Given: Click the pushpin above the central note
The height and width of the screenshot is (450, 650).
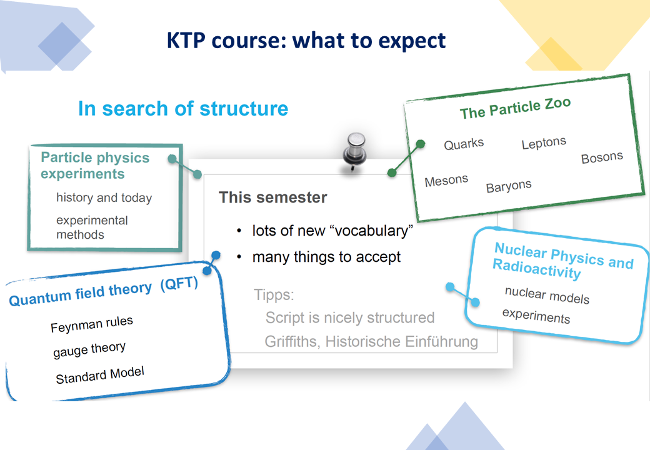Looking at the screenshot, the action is pos(354,151).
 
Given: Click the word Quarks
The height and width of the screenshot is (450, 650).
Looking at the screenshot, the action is pos(464,144).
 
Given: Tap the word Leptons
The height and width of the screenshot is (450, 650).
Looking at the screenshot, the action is pos(544,143).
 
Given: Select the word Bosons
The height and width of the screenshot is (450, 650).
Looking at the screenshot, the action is pos(602,157).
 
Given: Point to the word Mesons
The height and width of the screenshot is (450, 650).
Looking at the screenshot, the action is pos(446,180).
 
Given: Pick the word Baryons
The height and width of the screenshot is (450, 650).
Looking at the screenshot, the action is pos(509,186).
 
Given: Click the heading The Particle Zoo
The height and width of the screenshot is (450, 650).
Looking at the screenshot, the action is pos(515,107).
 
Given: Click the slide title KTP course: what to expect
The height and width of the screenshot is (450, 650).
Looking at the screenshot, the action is pos(306,41).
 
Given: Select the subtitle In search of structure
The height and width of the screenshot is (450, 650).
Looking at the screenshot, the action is pos(183,109).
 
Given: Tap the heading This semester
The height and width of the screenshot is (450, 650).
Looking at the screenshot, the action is pos(272,197).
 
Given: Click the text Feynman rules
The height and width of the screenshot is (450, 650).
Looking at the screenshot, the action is pos(92,324).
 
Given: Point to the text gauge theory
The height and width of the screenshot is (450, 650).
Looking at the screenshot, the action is pos(89,350).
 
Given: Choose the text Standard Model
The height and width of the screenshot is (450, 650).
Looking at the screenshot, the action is pos(100,375).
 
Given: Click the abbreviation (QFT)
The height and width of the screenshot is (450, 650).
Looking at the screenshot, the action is pos(179,284).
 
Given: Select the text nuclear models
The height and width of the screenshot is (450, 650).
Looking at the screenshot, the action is pos(547,295).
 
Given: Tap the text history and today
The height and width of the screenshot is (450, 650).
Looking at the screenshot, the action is pos(104,197).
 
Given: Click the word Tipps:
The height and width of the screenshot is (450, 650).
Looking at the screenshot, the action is pos(274,295).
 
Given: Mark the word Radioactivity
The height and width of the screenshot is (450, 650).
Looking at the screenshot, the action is pos(537,269).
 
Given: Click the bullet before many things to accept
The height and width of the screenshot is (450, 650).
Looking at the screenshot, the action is pos(239,257).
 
